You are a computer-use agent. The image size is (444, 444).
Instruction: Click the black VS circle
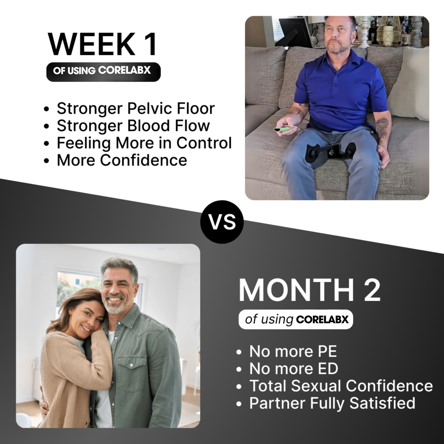coord(222,222)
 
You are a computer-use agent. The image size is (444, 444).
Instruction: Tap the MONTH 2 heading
coord(309,290)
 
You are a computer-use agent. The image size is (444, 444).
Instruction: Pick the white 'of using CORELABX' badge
coord(296,320)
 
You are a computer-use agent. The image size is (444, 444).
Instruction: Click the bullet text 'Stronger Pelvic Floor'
coord(136,108)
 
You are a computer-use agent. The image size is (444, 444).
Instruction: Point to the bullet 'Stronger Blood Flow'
coord(133,126)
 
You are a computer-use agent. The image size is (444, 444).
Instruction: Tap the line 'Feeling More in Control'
coord(144,143)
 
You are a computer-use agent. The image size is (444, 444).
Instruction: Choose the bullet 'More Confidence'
coord(122,160)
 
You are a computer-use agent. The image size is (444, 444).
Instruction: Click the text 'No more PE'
coord(293,351)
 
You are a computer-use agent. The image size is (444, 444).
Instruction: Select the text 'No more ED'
coord(293,368)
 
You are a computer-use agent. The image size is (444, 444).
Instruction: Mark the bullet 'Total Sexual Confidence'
coord(341,386)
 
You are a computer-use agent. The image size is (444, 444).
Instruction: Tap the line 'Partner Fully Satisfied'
coord(332,403)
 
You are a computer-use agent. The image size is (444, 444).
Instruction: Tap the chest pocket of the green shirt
coord(128,375)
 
